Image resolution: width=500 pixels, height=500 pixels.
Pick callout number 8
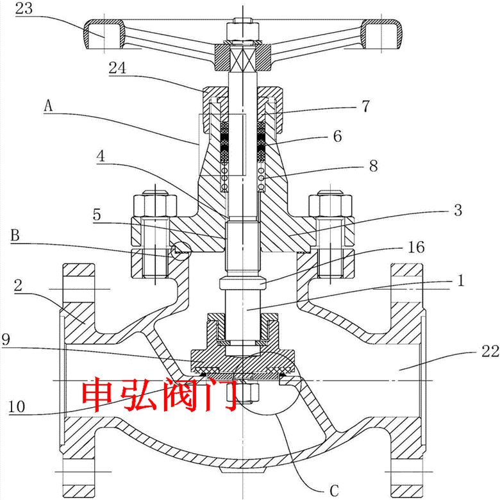pos(372,165)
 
